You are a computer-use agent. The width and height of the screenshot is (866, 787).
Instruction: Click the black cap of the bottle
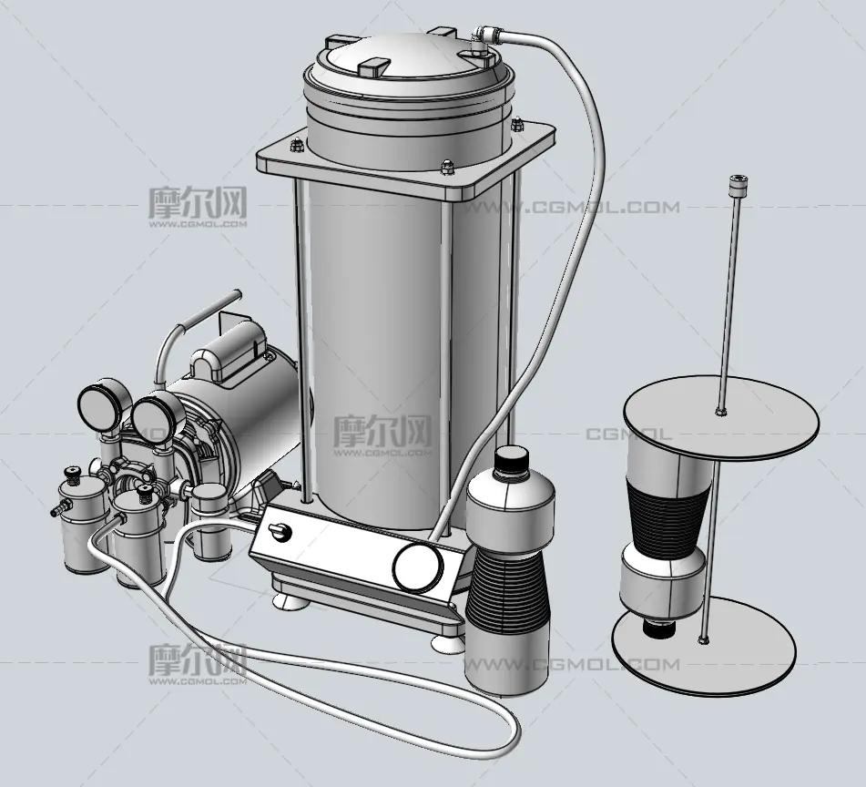tap(511, 458)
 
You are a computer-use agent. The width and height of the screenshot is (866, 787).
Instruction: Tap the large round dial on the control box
tap(418, 566)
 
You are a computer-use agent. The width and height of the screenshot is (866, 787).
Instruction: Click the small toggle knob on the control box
tap(280, 532)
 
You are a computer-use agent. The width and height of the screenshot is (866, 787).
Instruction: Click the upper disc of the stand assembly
tap(720, 416)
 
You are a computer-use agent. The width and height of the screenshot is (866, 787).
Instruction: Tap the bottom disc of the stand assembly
tap(704, 646)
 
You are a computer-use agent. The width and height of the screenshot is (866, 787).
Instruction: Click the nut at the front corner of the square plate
tap(447, 167)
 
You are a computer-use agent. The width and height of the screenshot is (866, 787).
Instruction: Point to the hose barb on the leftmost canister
tap(57, 507)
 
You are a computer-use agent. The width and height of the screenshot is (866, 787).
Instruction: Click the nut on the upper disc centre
tap(719, 411)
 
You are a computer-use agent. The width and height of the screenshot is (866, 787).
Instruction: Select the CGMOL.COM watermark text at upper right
tap(571, 208)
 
